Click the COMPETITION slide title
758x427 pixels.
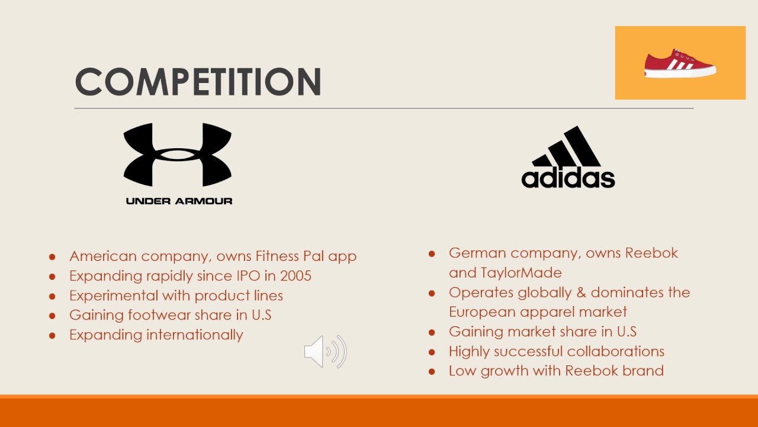198,81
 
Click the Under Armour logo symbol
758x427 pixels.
178,155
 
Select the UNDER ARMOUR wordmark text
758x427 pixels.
179,201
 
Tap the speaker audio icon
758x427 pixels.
325,352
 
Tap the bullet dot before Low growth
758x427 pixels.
432,371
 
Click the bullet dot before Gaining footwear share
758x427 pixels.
52,316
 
